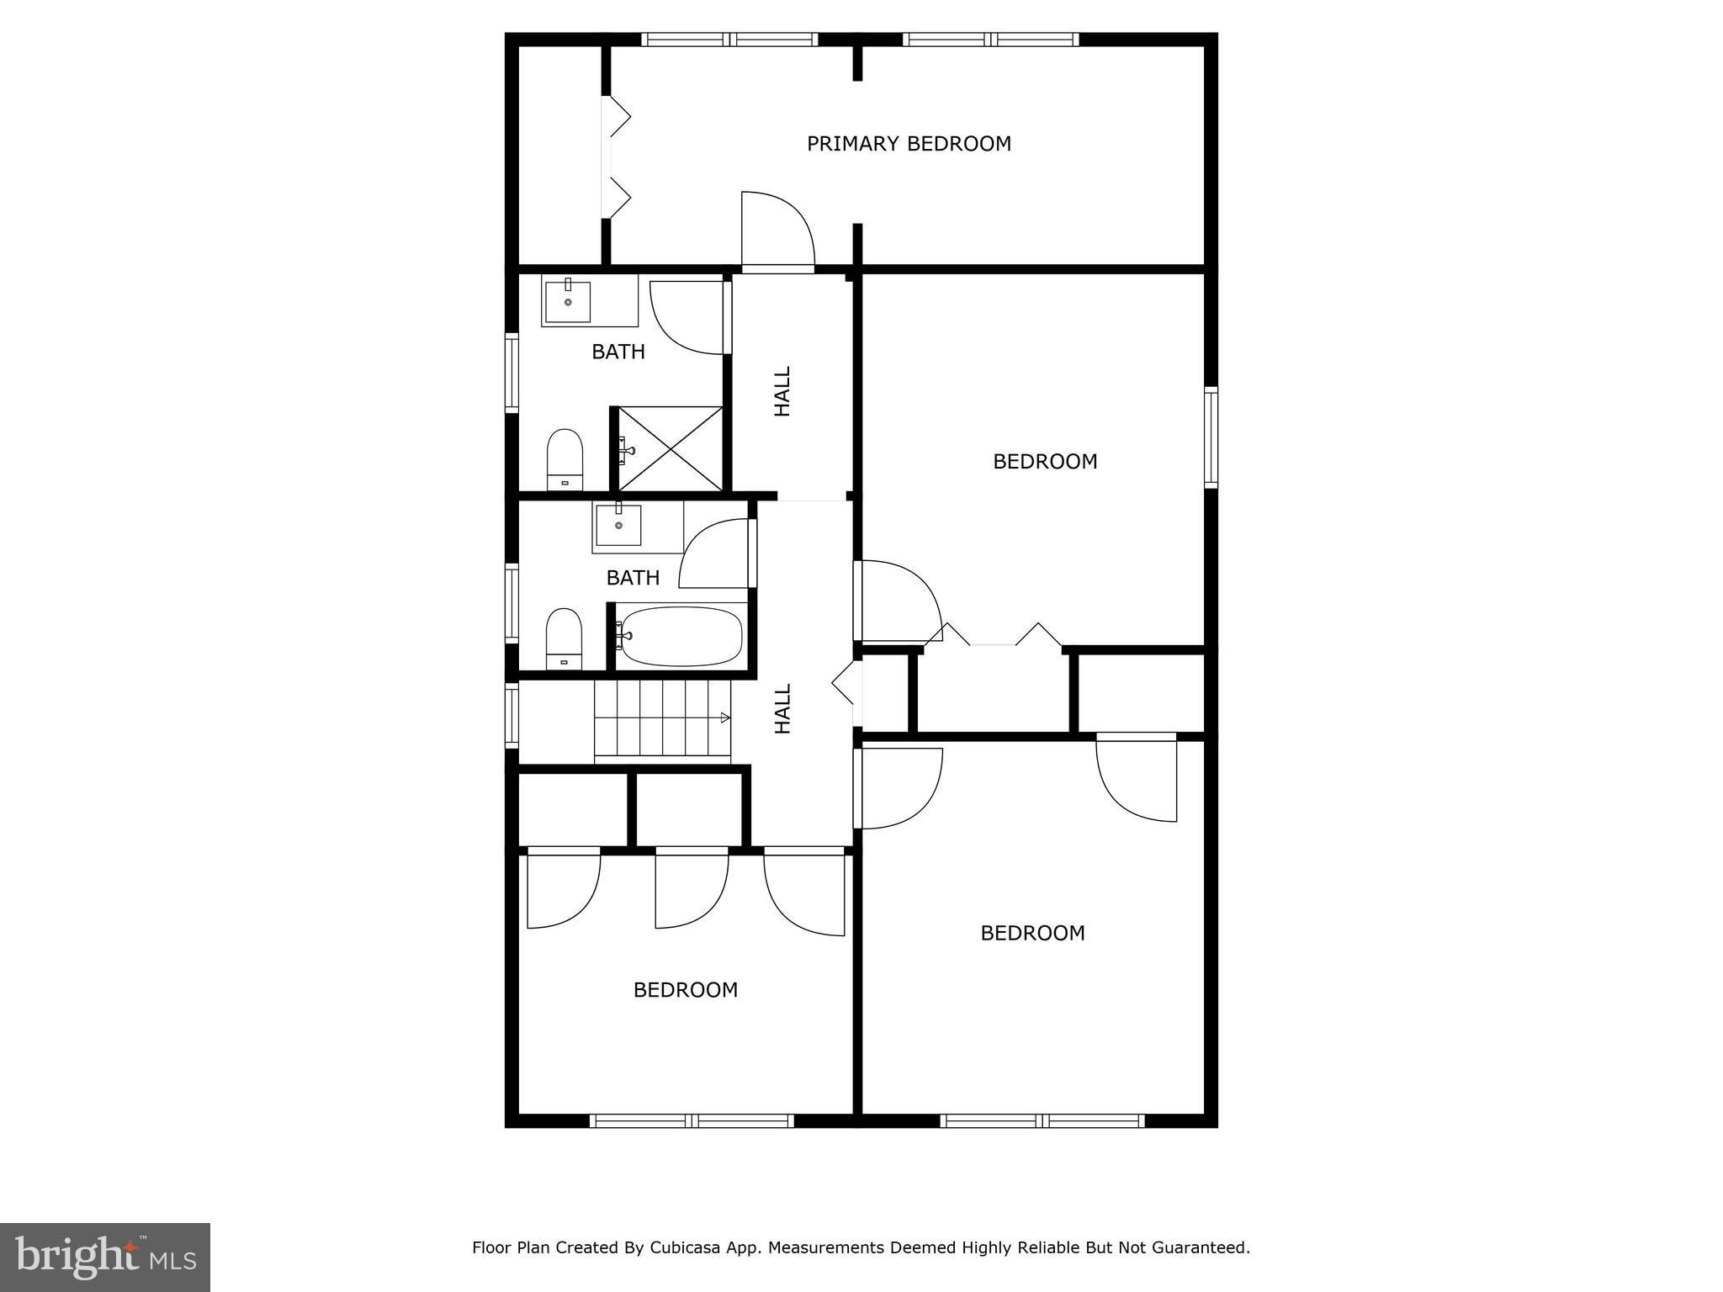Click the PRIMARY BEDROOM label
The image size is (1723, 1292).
click(x=909, y=144)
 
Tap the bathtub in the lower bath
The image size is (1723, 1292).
click(x=681, y=636)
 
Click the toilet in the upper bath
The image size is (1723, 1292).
click(x=565, y=458)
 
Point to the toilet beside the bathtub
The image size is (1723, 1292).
click(x=565, y=638)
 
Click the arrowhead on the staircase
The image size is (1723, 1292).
click(x=725, y=717)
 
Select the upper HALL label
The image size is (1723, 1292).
click(x=782, y=391)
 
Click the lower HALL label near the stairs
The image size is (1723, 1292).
click(x=782, y=708)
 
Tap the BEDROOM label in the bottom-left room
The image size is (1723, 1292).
click(x=686, y=990)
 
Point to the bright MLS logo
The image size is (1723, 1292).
click(x=105, y=1258)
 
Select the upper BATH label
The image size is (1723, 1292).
click(x=618, y=352)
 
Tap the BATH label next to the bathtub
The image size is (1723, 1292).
click(x=633, y=578)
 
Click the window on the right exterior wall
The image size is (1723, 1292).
click(x=1211, y=437)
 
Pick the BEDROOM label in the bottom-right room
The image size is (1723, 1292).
click(x=1032, y=933)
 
